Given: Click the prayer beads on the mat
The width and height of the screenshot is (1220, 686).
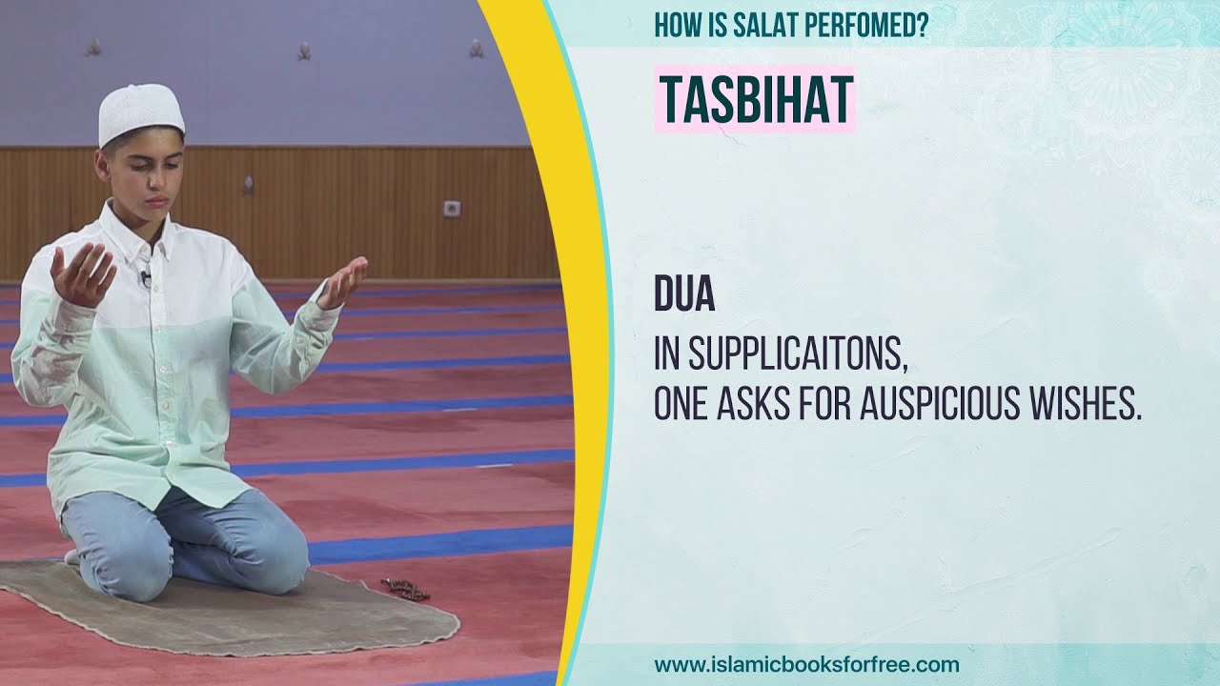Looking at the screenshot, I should click(405, 589).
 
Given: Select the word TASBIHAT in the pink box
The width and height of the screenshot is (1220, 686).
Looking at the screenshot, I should click(755, 99).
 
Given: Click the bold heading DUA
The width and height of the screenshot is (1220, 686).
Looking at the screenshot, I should click(684, 295).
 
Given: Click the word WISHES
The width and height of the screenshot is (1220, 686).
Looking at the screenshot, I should click(1092, 405).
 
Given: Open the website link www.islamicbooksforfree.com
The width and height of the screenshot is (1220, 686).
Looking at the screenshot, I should click(806, 664).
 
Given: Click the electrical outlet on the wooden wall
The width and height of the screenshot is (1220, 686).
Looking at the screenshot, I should click(453, 208).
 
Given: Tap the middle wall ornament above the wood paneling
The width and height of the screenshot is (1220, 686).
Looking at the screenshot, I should click(304, 50).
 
